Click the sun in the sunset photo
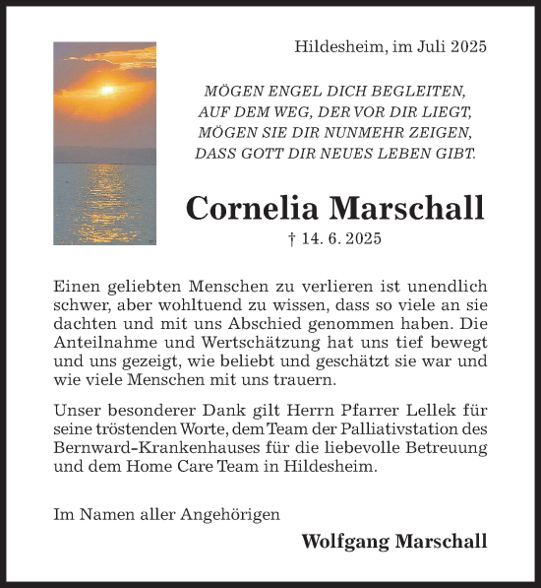(106, 90)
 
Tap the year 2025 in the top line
(467, 46)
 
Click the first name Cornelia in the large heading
(253, 208)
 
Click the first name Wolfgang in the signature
(342, 541)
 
